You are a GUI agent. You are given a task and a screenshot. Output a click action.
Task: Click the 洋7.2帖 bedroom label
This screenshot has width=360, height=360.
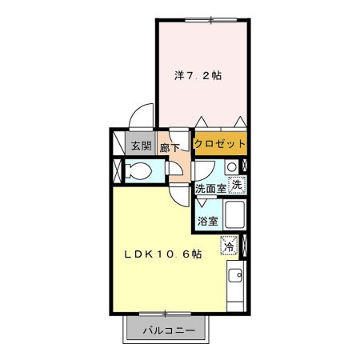pos(198,76)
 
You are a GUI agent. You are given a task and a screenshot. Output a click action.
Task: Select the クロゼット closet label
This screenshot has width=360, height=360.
pos(219,144)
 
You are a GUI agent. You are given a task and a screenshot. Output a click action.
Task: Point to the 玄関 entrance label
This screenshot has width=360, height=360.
pos(142,146)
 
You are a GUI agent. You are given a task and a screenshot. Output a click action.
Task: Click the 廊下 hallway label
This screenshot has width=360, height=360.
pos(170,147)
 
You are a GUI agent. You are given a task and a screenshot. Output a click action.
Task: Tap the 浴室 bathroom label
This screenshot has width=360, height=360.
pos(206,220)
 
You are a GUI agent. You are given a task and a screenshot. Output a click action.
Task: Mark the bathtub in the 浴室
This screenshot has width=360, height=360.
pos(235,215)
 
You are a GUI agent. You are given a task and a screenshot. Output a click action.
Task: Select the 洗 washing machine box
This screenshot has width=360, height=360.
pos(236,184)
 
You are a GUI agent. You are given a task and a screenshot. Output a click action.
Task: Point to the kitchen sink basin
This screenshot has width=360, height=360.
pos(236,277)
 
